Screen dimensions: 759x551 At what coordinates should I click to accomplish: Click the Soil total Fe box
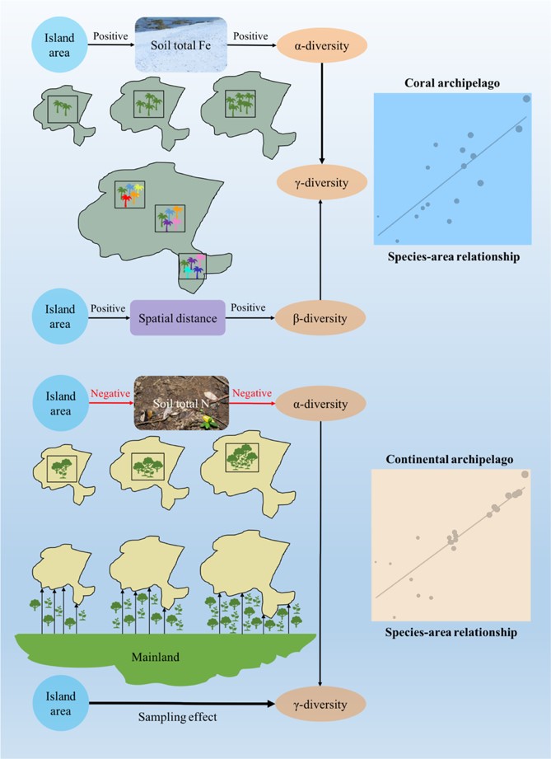click(x=180, y=45)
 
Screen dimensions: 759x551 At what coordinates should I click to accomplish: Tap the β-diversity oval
click(x=320, y=316)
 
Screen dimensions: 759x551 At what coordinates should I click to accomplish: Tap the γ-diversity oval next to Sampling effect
click(x=320, y=705)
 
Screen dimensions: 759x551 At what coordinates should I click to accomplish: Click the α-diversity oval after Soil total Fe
click(x=320, y=45)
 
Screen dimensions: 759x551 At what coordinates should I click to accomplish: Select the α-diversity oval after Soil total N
click(x=320, y=404)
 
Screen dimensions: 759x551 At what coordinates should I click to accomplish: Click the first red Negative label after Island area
click(x=111, y=394)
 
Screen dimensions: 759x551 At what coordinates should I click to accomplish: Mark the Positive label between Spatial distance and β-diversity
click(x=249, y=307)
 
